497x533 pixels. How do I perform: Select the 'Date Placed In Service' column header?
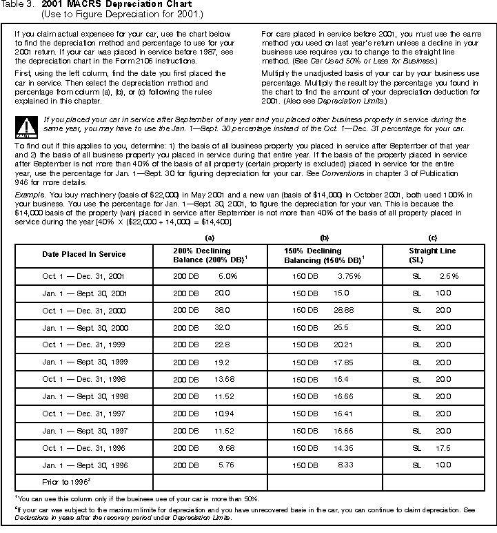84,254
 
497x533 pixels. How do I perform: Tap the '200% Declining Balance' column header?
202,255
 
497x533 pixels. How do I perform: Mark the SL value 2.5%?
449,275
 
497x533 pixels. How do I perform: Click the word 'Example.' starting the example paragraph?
28,195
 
